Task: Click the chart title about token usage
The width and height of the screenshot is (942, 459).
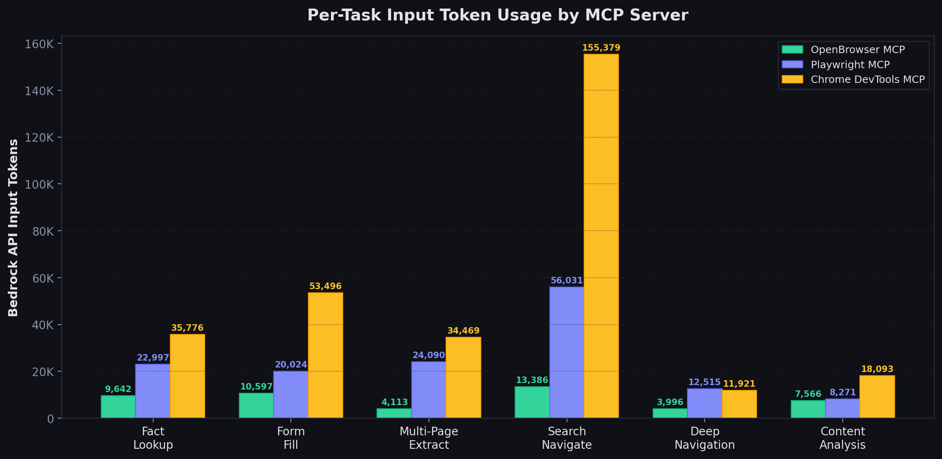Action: coord(498,16)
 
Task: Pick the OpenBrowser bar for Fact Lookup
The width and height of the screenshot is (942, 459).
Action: coord(118,407)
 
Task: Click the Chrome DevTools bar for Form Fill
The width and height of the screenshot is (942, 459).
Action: coord(325,355)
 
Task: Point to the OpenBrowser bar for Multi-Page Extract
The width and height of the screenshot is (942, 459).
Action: coord(394,413)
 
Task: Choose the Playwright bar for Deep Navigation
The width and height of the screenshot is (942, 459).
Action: coord(704,403)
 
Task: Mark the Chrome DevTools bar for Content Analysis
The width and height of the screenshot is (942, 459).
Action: coord(877,397)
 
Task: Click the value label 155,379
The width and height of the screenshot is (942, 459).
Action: coord(601,48)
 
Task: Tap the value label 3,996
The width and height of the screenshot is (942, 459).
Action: coord(670,402)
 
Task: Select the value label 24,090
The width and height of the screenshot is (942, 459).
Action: coord(429,355)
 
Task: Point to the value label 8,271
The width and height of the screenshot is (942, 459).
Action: coord(842,392)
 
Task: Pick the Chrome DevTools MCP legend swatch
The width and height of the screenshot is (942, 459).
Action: coord(792,79)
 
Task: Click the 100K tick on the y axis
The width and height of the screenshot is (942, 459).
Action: coord(39,185)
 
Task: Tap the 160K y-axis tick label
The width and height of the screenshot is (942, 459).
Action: coord(39,44)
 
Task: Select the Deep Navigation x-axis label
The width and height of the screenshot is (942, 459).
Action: coord(704,438)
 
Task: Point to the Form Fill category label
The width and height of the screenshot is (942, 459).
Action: coord(291,438)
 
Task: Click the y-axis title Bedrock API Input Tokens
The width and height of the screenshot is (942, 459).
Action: coord(13,227)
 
